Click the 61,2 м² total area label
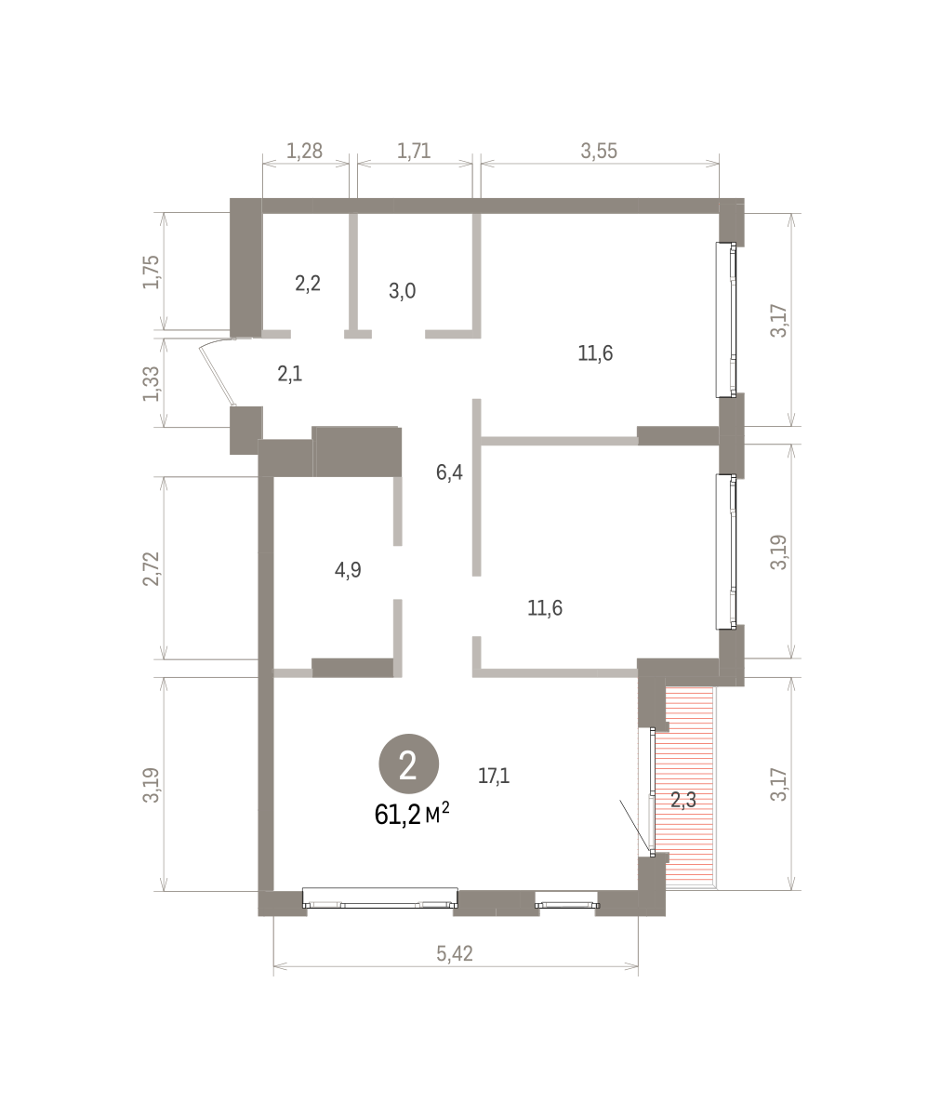(x=412, y=815)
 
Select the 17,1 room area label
(x=494, y=776)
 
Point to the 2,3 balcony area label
(x=683, y=800)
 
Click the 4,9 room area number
(x=348, y=570)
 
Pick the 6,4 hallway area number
(x=449, y=472)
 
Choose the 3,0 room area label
(x=403, y=291)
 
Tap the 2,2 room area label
(x=308, y=284)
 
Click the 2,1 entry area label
(x=290, y=374)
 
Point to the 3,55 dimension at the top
(x=599, y=152)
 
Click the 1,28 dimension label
(x=305, y=152)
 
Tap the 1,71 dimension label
(x=414, y=152)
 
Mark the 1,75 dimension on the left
(x=152, y=272)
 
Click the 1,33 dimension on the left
(x=152, y=384)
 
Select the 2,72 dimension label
(x=152, y=568)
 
